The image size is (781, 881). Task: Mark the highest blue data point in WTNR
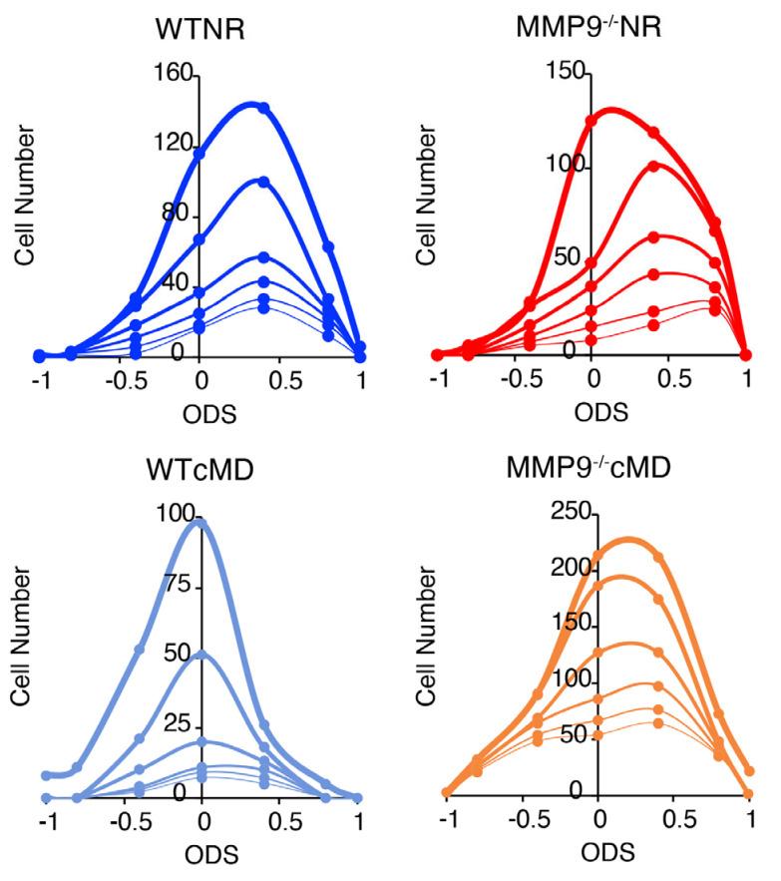(x=263, y=108)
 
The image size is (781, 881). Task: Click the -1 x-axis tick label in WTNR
(x=39, y=381)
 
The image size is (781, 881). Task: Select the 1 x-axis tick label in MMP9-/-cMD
(x=750, y=824)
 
